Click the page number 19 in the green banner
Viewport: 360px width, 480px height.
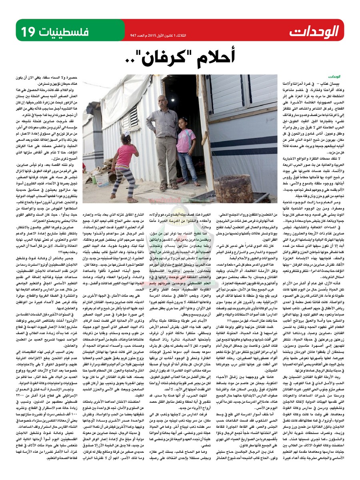[30, 30]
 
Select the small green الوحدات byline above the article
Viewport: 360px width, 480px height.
[334, 76]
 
